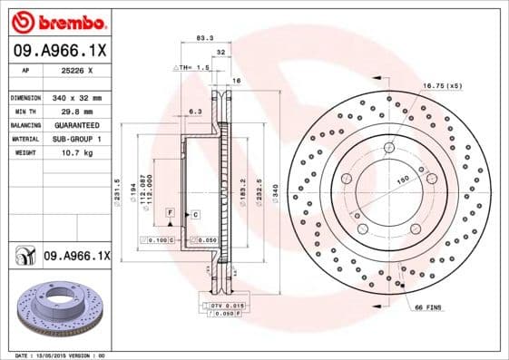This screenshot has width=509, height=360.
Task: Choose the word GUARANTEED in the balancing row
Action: (x=75, y=125)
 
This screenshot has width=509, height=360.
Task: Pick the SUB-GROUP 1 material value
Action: (x=75, y=139)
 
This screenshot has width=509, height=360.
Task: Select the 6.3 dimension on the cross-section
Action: (x=194, y=112)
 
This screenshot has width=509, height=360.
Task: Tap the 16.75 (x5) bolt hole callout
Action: (x=442, y=85)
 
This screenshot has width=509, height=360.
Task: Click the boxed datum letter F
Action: (x=170, y=212)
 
